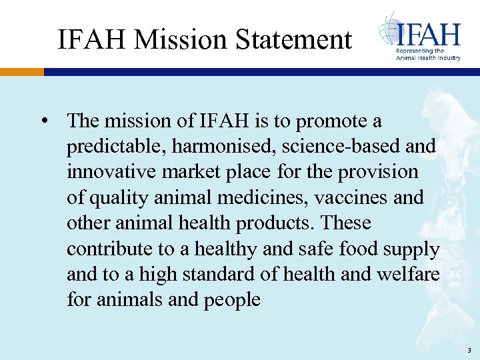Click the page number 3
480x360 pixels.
pos(469,350)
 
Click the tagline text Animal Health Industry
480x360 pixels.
pos(428,58)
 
